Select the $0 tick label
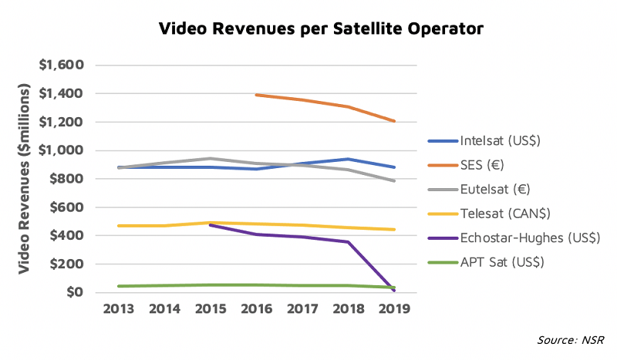75,292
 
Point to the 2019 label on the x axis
394,309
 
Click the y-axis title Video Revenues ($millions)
25,179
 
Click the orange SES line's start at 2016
256,95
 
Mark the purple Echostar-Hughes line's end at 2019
394,290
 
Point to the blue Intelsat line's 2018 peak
349,159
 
